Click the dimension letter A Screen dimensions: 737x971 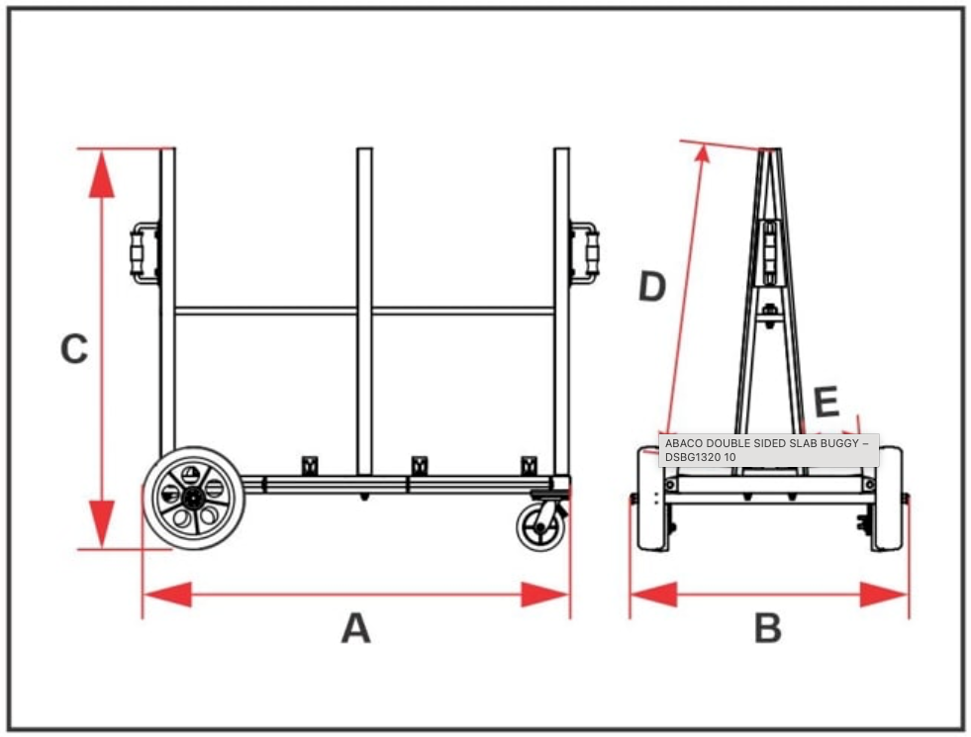tap(355, 628)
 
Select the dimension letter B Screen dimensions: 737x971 tap(768, 628)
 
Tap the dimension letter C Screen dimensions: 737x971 tap(74, 348)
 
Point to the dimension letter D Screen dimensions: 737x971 tap(651, 287)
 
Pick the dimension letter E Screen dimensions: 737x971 tap(825, 403)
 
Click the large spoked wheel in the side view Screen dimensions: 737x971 tap(194, 498)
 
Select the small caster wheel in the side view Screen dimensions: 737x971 tap(541, 525)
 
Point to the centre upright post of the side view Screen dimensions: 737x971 tap(365, 317)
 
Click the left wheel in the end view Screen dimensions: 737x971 tap(652, 500)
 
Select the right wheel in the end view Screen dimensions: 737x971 tap(886, 500)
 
